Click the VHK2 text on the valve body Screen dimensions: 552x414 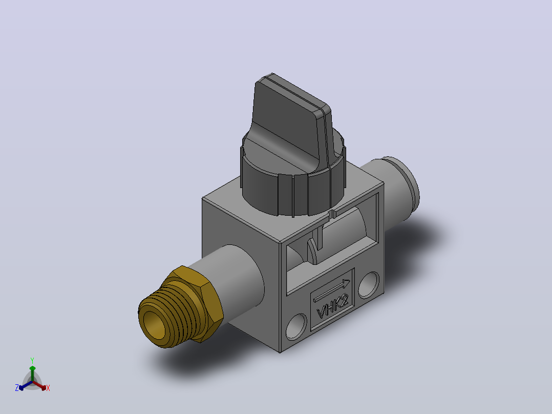click(333, 307)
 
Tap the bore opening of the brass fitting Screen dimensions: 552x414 click(154, 325)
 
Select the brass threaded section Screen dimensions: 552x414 click(169, 315)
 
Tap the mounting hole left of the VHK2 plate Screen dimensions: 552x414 click(296, 326)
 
